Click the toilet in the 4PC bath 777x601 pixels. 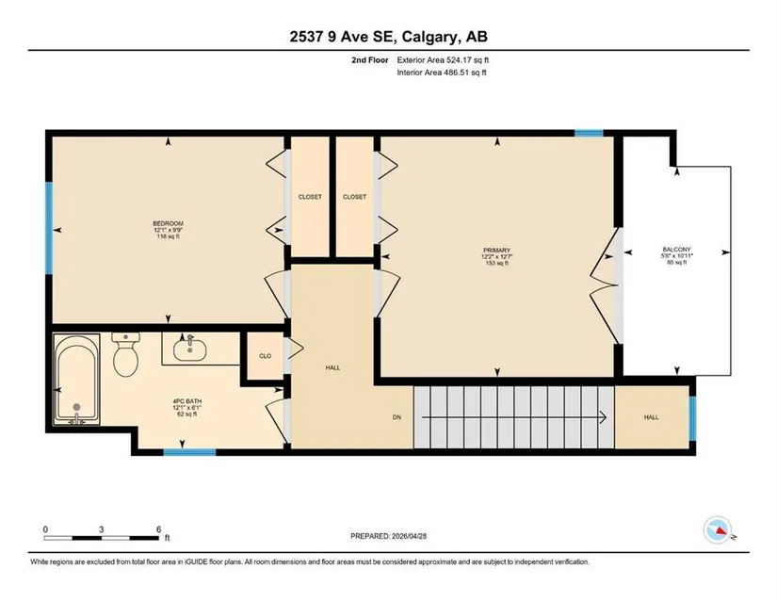125,355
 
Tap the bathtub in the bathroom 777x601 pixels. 77,379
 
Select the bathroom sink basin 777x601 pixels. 190,349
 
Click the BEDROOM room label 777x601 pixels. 168,223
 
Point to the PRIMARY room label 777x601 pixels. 496,251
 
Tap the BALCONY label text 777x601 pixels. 676,250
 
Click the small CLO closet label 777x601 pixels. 265,356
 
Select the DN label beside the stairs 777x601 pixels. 397,417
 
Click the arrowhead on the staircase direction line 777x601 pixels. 604,417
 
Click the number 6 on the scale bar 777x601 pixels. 158,529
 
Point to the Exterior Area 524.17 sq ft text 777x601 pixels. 443,60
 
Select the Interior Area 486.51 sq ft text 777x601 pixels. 442,73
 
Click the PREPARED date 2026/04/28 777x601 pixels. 410,536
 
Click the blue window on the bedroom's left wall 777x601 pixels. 49,228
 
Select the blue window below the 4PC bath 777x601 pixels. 190,452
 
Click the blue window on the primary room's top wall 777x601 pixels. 589,133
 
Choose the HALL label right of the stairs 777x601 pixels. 651,417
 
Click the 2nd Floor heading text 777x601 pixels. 370,60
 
